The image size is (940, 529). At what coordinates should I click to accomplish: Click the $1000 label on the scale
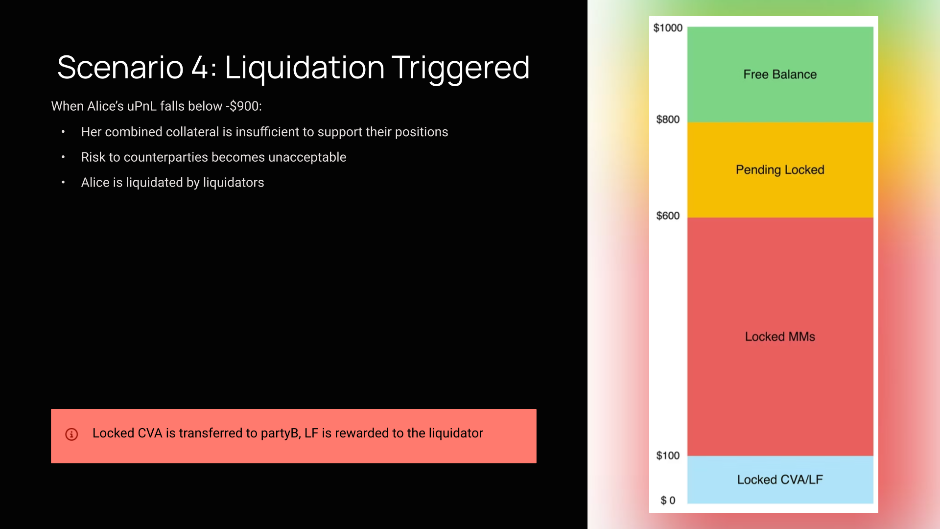point(668,28)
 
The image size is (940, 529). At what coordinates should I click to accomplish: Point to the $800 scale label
point(668,120)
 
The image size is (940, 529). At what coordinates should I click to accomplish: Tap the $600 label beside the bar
point(668,216)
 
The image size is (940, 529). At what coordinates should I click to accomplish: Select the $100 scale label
point(668,456)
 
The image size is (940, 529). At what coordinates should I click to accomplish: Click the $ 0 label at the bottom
point(668,500)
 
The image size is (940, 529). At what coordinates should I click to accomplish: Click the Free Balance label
point(780,74)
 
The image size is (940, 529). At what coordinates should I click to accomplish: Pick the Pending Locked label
point(780,170)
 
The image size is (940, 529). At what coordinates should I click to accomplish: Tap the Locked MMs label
point(780,337)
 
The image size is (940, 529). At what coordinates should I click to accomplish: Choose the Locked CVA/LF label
point(780,480)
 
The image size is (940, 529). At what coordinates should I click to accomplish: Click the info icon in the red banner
point(71,434)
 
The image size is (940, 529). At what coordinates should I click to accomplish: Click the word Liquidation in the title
point(305,68)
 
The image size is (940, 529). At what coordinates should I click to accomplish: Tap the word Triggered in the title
point(461,68)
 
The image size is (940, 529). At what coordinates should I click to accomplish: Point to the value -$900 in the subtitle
point(242,106)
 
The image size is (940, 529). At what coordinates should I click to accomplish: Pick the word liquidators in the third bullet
point(234,183)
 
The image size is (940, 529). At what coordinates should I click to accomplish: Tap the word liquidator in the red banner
point(456,433)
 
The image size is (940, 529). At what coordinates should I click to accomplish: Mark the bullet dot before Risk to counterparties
point(63,157)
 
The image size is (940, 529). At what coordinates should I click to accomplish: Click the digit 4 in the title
point(200,68)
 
